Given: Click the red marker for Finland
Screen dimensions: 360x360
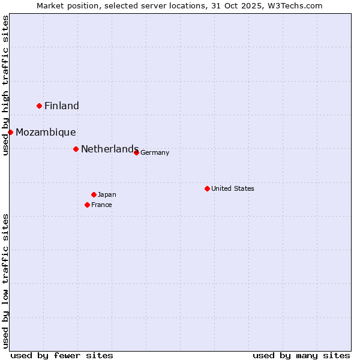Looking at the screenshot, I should tap(40, 106).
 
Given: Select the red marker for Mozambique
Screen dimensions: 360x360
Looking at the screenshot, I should tap(11, 132).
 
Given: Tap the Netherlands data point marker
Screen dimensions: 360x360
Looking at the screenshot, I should tap(76, 149).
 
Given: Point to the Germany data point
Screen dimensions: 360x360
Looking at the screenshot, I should tap(136, 152).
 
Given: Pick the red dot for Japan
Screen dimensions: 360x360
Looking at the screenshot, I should tap(94, 194).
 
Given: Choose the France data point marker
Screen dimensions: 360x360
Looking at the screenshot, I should tap(87, 205).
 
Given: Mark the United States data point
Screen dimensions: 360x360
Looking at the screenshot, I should tap(207, 188).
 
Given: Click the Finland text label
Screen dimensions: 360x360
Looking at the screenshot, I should tap(62, 106).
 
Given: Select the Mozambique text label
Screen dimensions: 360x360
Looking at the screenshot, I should tap(46, 133).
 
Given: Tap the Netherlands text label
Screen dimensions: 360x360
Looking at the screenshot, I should tap(110, 149).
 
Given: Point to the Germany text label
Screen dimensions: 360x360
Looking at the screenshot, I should tap(155, 153).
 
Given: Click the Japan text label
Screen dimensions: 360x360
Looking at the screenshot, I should tap(107, 195).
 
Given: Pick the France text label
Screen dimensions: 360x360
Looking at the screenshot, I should tap(101, 205).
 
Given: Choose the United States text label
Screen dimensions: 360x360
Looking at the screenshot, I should tap(233, 189).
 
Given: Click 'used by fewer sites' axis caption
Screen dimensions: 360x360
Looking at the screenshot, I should tap(62, 355).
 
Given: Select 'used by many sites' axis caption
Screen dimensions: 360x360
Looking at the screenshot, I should tap(301, 355).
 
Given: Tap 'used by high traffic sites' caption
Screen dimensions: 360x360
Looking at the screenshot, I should tap(5, 86).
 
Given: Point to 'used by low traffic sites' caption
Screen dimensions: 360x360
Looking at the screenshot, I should tap(5, 281).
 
